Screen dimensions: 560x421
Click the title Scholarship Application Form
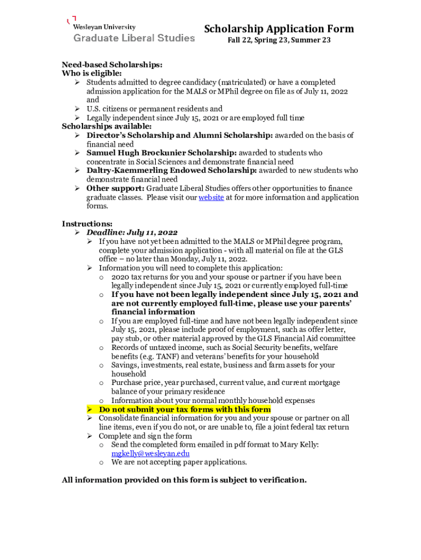(x=279, y=29)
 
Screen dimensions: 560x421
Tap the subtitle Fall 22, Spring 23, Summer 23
(x=279, y=40)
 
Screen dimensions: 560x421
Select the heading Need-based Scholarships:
(x=112, y=65)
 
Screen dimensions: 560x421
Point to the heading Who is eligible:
(x=92, y=73)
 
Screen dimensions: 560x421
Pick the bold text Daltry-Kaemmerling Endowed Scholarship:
(x=171, y=171)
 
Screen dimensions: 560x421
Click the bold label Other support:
(x=115, y=188)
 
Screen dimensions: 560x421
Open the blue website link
(x=210, y=197)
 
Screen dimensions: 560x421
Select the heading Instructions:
(x=87, y=224)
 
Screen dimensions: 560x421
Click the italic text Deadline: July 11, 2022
(x=138, y=232)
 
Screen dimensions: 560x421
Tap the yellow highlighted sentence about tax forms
(x=184, y=410)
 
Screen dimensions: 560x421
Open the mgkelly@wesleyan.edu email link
(x=150, y=453)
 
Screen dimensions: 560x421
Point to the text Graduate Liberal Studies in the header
(x=134, y=38)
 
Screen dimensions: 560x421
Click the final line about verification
(x=184, y=480)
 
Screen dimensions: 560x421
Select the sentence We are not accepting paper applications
(x=179, y=462)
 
